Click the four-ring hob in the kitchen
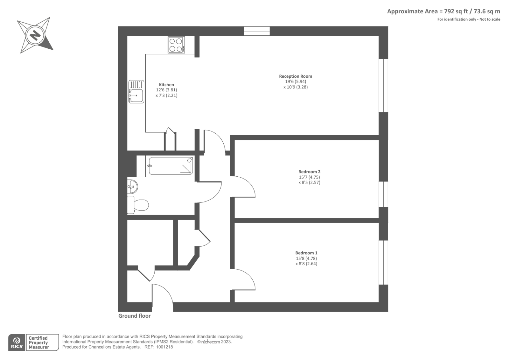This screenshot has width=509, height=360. [x=176, y=45]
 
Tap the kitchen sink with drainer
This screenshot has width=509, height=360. [x=136, y=91]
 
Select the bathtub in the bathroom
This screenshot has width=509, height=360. [x=170, y=166]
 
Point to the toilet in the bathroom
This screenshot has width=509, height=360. [x=138, y=205]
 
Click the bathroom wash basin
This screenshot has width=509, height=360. [x=132, y=187]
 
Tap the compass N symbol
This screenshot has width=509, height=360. [x=35, y=35]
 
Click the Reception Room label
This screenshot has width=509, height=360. [x=296, y=76]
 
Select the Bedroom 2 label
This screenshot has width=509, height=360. [x=309, y=172]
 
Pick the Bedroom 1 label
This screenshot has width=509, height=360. [x=306, y=253]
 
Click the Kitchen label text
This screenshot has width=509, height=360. [x=166, y=85]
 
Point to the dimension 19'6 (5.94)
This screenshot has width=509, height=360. [x=296, y=81]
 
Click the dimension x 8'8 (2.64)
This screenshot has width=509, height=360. [x=306, y=264]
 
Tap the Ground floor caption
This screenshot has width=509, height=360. [x=135, y=316]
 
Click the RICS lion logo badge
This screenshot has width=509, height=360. [x=17, y=342]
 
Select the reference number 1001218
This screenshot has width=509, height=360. [x=164, y=347]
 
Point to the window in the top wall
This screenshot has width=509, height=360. [x=257, y=31]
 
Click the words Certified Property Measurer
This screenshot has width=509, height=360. [x=38, y=343]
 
